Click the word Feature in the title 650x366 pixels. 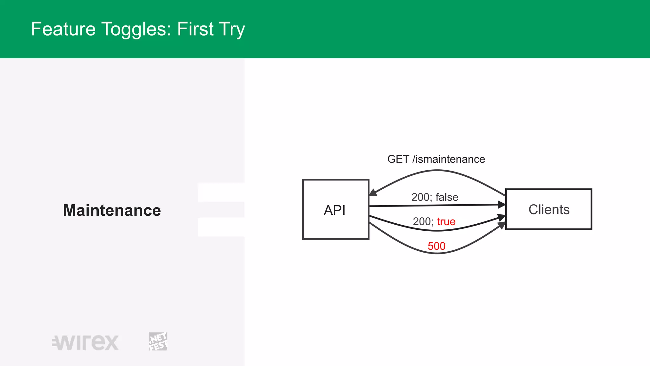(63, 29)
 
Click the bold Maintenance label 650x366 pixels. (112, 210)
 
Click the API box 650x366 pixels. (335, 210)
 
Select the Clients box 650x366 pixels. (548, 210)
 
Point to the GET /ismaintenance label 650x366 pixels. (436, 159)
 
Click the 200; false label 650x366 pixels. (434, 197)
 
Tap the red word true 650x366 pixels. (446, 221)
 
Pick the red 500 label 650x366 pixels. (436, 246)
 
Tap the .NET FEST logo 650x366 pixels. (158, 342)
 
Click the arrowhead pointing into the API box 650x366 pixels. (373, 192)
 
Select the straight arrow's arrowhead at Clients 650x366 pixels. (501, 205)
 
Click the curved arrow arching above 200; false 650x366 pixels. (437, 171)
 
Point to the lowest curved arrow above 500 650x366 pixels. (437, 253)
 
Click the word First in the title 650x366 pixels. (195, 29)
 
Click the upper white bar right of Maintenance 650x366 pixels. (221, 193)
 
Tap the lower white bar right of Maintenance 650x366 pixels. (221, 227)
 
